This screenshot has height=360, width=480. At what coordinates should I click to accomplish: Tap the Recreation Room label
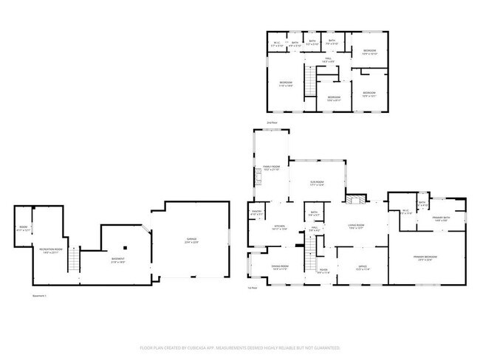point(49,250)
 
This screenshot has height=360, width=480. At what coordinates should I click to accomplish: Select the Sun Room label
point(318,184)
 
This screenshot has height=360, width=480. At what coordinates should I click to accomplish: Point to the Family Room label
point(271,167)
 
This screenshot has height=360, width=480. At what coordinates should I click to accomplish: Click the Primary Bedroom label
point(428,257)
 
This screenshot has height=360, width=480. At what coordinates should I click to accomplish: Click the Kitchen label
point(280,227)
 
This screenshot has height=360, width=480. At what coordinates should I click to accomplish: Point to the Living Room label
point(359,227)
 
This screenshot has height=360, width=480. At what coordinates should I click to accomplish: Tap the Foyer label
point(323,270)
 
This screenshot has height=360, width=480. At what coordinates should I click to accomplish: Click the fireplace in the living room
point(356,198)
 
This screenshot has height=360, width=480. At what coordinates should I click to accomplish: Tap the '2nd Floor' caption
point(272,122)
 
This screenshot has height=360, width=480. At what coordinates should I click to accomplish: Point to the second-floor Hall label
point(329,60)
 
